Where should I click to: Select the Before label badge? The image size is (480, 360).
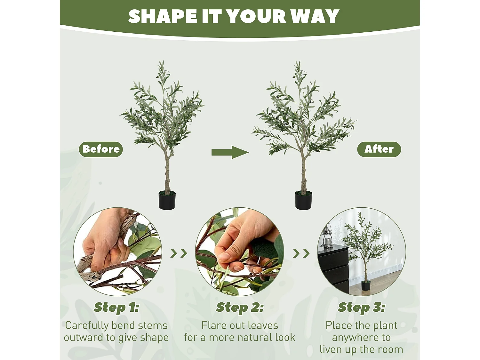(x=101, y=149)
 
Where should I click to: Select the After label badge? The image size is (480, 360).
(x=379, y=149)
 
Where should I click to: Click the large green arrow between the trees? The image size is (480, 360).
(x=230, y=152)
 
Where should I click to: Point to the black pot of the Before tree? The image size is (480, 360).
(x=167, y=200)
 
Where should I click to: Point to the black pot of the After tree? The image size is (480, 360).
(x=303, y=200)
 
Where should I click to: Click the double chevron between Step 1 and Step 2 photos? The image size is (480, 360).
(x=179, y=253)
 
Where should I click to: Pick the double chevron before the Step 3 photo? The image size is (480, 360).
(x=301, y=253)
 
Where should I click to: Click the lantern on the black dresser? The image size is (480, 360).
(x=327, y=236)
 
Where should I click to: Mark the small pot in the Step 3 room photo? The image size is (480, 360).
(x=366, y=285)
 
